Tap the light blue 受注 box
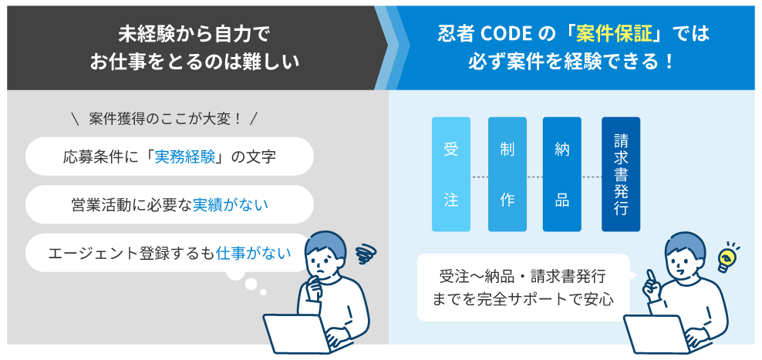pyautogui.click(x=451, y=174)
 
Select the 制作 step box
pyautogui.click(x=507, y=174)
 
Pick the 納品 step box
pyautogui.click(x=561, y=174)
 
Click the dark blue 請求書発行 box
pyautogui.click(x=621, y=174)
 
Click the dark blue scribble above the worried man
pyautogui.click(x=366, y=254)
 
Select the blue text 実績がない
pyautogui.click(x=231, y=205)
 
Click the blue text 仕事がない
pyautogui.click(x=253, y=253)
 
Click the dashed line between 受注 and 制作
pyautogui.click(x=479, y=177)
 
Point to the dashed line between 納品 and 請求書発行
pyautogui.click(x=592, y=177)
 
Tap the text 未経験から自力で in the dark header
pyautogui.click(x=194, y=34)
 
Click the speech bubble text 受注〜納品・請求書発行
pyautogui.click(x=522, y=277)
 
